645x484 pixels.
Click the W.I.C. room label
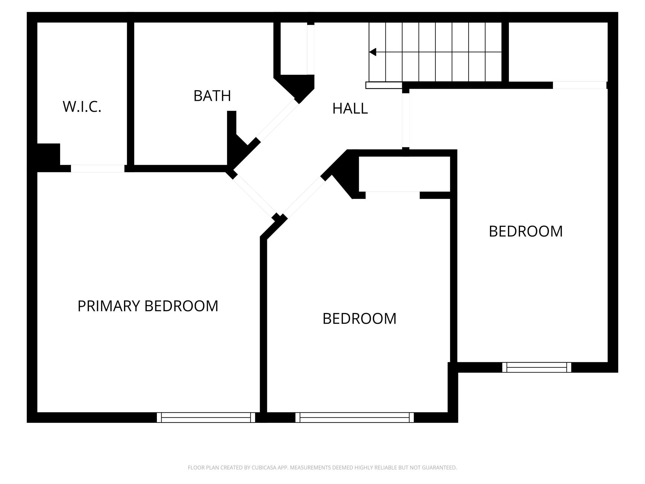pyautogui.click(x=82, y=106)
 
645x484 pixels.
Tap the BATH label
pyautogui.click(x=212, y=96)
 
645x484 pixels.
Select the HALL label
pyautogui.click(x=350, y=109)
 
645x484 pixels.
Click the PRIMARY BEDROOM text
pyautogui.click(x=148, y=306)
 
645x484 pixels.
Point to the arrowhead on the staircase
pyautogui.click(x=372, y=52)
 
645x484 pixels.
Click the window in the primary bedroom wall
pyautogui.click(x=206, y=417)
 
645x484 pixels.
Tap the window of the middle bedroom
pyautogui.click(x=354, y=417)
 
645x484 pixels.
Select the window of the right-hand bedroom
pyautogui.click(x=536, y=367)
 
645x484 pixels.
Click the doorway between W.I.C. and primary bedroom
pyautogui.click(x=98, y=168)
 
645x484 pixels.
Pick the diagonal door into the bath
pyautogui.click(x=278, y=121)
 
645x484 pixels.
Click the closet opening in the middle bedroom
pyautogui.click(x=393, y=195)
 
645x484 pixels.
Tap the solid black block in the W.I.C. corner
pyautogui.click(x=48, y=154)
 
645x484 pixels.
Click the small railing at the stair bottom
pyautogui.click(x=384, y=85)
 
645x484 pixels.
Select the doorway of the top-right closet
pyautogui.click(x=580, y=85)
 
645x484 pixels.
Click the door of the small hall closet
pyautogui.click(x=311, y=50)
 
